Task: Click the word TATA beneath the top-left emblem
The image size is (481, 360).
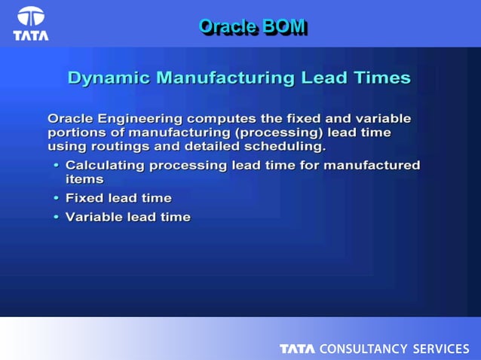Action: pos(31,35)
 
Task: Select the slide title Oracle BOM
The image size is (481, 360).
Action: pos(252,26)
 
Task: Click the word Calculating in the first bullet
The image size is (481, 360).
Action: pos(106,165)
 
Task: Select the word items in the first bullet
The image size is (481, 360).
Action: pos(84,179)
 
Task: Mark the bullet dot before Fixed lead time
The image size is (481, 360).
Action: pos(56,199)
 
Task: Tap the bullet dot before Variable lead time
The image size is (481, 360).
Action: pos(56,218)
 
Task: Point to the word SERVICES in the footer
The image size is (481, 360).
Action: pos(440,349)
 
